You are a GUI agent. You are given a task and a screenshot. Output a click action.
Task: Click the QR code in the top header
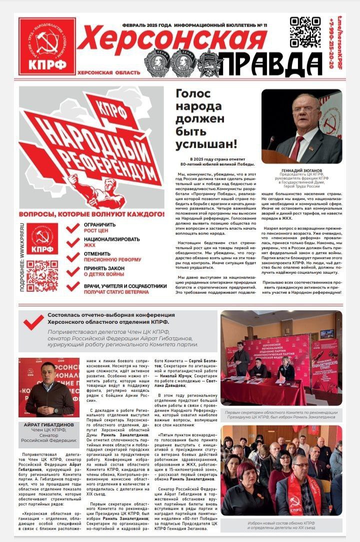coord(305,32)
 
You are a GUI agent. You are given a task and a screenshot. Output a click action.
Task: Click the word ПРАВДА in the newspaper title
coord(271,64)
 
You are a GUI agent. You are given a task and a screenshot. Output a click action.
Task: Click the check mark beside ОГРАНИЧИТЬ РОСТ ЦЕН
coord(73,228)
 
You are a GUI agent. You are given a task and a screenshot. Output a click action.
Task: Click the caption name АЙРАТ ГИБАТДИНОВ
coord(49,425)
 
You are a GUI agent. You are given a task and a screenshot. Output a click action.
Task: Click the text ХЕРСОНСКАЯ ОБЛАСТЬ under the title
coord(108,73)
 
